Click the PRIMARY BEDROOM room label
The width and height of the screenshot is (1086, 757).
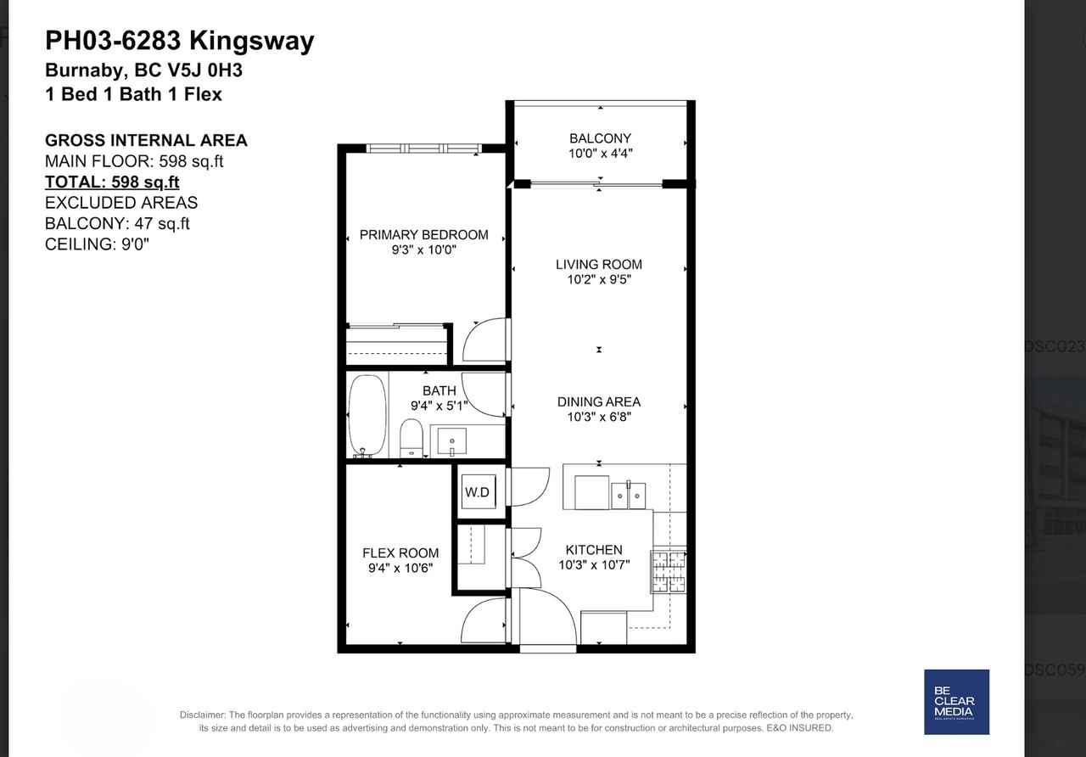click(x=423, y=235)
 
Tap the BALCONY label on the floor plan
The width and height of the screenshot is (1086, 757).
click(x=600, y=138)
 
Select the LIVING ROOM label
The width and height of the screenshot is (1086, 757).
click(x=599, y=265)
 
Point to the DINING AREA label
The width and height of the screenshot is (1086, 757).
click(x=599, y=402)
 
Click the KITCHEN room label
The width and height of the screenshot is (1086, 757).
click(x=594, y=551)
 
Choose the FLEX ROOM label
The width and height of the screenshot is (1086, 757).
click(x=400, y=553)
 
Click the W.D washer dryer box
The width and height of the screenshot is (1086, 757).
click(x=477, y=492)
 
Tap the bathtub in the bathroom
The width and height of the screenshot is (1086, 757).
click(x=367, y=416)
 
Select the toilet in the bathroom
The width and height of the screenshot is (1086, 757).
click(x=411, y=438)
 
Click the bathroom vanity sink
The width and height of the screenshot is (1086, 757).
click(x=451, y=442)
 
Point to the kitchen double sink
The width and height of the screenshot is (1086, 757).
click(x=628, y=495)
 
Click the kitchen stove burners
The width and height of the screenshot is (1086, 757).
click(x=668, y=571)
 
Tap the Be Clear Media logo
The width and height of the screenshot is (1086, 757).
click(x=956, y=702)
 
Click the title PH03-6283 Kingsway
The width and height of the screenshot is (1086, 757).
click(x=179, y=41)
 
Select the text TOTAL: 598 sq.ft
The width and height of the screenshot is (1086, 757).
click(x=112, y=182)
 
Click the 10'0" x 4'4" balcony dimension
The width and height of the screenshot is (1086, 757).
click(x=600, y=154)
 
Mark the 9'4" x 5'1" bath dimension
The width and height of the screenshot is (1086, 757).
click(x=439, y=406)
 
